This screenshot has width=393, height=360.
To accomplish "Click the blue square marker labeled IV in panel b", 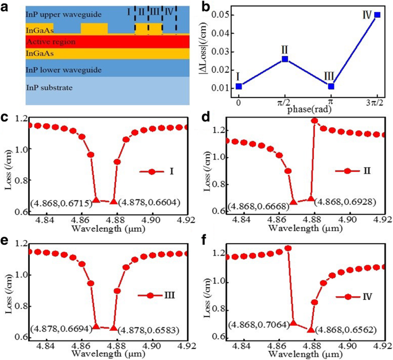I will click(377, 15).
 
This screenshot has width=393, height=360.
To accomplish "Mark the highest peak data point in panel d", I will click(314, 120).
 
